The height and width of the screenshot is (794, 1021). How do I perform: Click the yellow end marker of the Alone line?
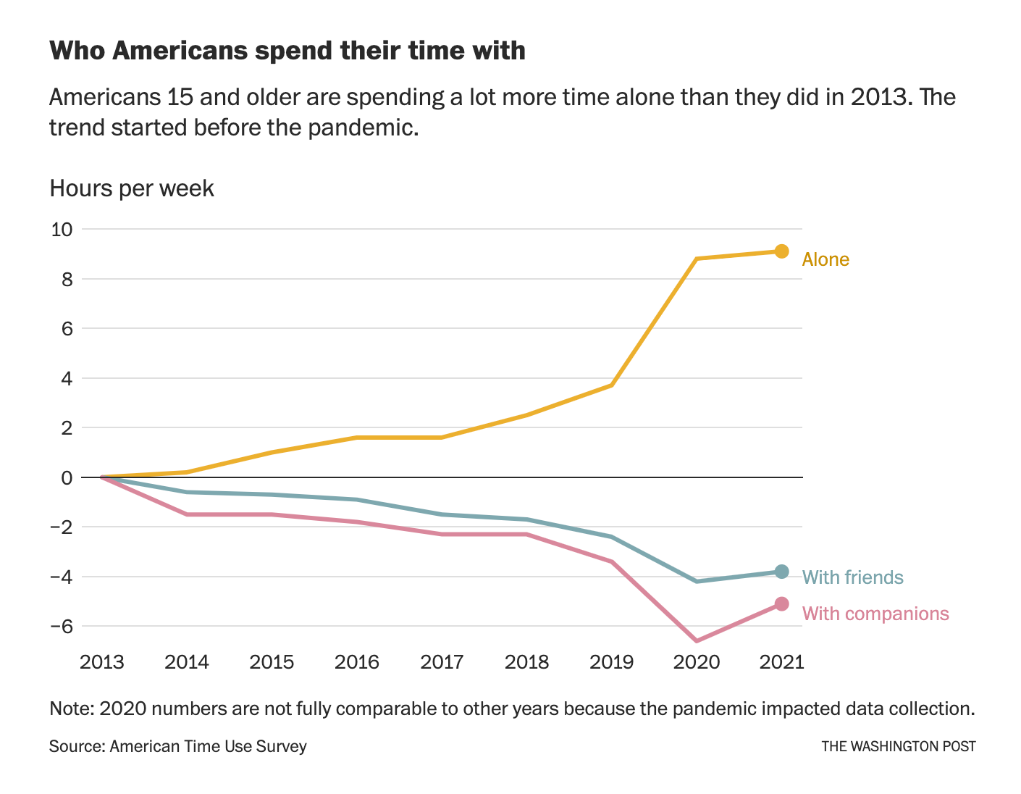(x=781, y=251)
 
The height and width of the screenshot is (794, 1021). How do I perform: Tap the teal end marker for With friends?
(x=781, y=572)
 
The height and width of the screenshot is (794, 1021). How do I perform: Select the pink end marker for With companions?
(x=781, y=603)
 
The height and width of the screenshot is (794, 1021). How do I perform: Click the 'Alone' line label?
(x=825, y=259)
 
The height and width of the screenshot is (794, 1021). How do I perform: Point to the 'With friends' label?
(x=853, y=577)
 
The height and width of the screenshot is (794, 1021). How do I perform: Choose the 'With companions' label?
(x=875, y=614)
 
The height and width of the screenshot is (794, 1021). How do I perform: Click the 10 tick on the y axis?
(x=62, y=230)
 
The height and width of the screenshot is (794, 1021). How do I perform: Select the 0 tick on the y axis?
(x=67, y=477)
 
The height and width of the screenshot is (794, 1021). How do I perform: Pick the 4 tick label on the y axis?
(x=67, y=378)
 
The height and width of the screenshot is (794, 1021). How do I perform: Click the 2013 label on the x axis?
(x=102, y=662)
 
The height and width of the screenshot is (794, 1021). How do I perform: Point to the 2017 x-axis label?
(x=442, y=662)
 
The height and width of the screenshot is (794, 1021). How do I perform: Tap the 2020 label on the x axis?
(x=697, y=662)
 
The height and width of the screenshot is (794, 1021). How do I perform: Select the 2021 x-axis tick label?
(x=781, y=662)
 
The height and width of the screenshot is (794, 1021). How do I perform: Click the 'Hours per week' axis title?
(x=132, y=188)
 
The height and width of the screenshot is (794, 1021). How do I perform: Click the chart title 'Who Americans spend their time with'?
(x=287, y=51)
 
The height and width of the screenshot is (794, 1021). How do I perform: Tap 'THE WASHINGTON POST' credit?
(x=898, y=746)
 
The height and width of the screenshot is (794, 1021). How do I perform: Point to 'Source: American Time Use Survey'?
(x=178, y=746)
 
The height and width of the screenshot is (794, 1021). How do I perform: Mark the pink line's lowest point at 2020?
(x=697, y=641)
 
